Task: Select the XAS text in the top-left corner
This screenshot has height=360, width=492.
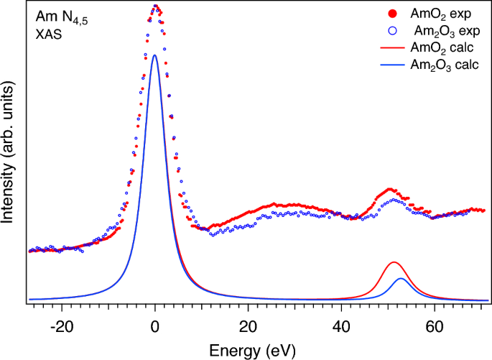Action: (48, 32)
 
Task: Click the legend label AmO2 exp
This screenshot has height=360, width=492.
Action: (435, 14)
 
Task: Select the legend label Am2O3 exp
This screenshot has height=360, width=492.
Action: (439, 32)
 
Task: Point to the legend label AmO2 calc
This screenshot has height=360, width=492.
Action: (437, 48)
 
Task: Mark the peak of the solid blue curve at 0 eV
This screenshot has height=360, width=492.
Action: (155, 55)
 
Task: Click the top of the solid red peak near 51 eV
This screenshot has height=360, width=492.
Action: (393, 262)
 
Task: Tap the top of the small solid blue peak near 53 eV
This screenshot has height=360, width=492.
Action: (401, 278)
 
